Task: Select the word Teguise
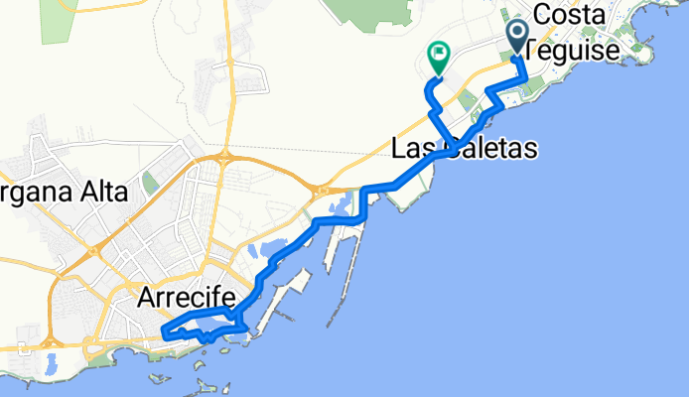[575, 47]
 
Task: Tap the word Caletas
[492, 150]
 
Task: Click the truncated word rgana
[30, 193]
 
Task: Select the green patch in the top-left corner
[56, 20]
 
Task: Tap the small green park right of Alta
[149, 183]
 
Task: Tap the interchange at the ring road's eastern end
[322, 188]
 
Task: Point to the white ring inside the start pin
[518, 32]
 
